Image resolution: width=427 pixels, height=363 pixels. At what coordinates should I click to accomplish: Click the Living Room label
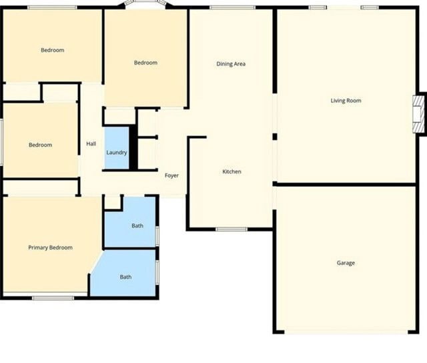click(346, 101)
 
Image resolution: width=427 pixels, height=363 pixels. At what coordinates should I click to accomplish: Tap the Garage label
click(346, 263)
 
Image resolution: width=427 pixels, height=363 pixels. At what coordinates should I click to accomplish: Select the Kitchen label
click(232, 172)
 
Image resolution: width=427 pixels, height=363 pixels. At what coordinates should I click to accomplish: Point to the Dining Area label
click(231, 64)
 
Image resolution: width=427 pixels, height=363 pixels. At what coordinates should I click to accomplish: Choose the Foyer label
click(171, 175)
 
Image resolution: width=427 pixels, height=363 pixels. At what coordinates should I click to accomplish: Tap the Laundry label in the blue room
click(117, 153)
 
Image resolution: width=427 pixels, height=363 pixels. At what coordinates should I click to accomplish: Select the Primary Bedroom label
click(50, 248)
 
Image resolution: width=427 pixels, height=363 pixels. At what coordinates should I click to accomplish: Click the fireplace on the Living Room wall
click(418, 113)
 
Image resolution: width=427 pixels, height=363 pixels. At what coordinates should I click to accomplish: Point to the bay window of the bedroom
click(145, 5)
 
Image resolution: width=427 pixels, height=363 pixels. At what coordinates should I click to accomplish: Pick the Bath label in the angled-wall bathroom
click(125, 277)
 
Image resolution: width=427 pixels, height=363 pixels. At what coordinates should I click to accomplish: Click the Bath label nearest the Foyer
click(137, 226)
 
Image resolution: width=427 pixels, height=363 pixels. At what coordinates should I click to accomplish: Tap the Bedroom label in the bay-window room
click(145, 63)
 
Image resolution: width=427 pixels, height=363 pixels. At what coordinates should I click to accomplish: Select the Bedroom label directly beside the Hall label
click(40, 145)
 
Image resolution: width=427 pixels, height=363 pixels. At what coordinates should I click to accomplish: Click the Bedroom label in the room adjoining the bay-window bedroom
click(52, 50)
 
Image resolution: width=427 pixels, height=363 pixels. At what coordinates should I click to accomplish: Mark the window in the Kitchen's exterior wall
click(232, 230)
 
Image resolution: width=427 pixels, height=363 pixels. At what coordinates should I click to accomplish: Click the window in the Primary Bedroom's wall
click(53, 298)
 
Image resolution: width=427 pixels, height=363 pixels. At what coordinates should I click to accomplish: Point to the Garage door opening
click(346, 332)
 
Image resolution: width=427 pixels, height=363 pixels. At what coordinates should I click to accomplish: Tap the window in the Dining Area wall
click(232, 7)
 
